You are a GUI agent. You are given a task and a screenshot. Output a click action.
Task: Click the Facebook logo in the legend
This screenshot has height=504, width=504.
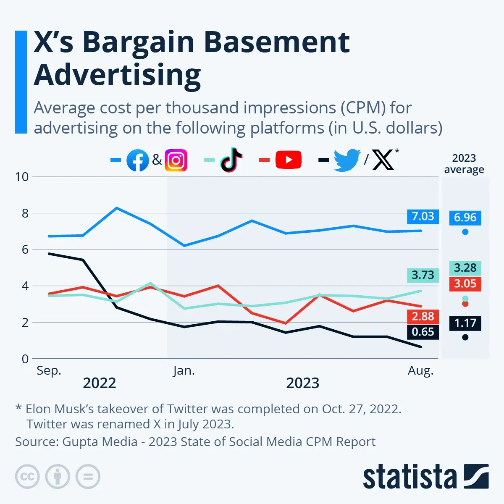138,160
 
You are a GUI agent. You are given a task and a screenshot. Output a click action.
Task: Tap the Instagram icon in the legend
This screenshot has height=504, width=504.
176,160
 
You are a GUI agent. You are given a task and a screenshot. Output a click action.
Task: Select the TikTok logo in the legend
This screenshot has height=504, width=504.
231,160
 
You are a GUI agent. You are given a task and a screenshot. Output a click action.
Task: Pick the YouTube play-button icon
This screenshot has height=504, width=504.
289,160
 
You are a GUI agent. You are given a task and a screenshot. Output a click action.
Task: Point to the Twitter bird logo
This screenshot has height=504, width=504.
347,160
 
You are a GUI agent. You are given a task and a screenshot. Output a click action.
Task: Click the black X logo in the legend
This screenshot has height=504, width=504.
383,160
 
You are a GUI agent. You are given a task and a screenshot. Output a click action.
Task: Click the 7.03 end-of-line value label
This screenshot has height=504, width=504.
423,216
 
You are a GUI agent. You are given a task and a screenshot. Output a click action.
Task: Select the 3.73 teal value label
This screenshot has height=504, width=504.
423,275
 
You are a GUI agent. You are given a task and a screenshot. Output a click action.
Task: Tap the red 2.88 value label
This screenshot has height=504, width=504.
423,316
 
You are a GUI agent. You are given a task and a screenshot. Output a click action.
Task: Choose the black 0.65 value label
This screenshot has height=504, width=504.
423,332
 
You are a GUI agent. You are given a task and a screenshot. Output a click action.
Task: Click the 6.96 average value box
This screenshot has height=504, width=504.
465,218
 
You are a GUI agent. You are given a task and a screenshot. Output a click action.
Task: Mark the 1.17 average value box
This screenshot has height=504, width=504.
465,323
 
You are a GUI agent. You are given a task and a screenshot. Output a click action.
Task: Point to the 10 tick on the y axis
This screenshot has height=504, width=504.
22,177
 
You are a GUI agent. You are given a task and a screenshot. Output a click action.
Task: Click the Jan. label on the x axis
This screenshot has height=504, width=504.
184,371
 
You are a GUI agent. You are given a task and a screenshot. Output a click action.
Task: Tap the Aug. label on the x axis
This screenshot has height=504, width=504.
420,371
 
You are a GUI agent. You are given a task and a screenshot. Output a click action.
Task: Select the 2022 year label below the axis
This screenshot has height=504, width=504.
100,383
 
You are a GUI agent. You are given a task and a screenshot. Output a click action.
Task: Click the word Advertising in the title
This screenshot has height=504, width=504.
117,75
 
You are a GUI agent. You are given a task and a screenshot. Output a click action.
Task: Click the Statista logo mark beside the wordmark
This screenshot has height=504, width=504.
476,476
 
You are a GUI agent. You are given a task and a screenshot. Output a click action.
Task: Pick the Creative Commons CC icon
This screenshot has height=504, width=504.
27,477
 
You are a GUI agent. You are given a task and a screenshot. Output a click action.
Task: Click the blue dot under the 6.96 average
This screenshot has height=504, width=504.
465,232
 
